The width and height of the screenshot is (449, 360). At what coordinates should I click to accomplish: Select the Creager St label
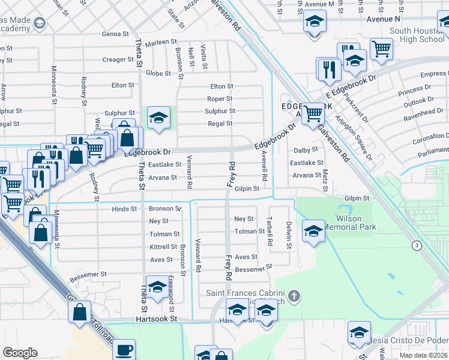[118, 59]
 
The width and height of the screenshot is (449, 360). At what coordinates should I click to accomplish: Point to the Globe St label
[159, 73]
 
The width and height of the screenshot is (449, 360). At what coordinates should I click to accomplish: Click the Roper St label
[220, 99]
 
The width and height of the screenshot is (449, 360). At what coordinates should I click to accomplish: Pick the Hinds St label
[124, 209]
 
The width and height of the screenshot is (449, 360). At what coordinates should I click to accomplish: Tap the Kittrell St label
[163, 247]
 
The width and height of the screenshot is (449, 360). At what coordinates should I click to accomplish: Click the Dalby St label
[306, 150]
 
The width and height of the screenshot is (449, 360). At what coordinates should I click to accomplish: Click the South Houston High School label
[417, 35]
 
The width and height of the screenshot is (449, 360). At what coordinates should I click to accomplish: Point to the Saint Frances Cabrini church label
[249, 295]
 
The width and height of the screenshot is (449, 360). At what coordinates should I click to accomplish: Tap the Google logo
[20, 353]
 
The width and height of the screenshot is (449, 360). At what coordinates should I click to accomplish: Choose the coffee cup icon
[124, 350]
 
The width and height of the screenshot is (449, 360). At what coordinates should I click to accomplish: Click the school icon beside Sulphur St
[158, 118]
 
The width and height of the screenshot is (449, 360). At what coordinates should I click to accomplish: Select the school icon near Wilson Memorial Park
[313, 231]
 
